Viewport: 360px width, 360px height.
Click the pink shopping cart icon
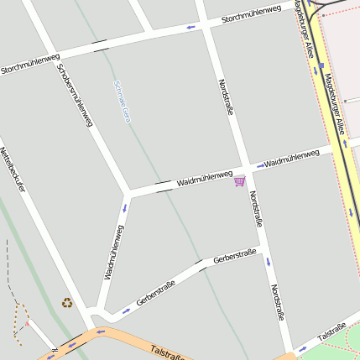[x=240, y=180]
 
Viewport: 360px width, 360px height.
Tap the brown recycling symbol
[x=66, y=303]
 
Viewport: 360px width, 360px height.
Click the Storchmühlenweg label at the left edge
[x=30, y=64]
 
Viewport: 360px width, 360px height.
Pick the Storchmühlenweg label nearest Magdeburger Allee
[x=251, y=14]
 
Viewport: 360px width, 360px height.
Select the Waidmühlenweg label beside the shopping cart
[x=204, y=177]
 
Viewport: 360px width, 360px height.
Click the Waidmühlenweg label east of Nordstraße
[x=291, y=157]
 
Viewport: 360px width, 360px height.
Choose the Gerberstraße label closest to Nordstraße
[x=235, y=256]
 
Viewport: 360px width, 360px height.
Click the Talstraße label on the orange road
[x=168, y=352]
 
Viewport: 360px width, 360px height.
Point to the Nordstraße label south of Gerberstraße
[x=278, y=307]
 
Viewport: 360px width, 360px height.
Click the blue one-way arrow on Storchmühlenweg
[x=191, y=29]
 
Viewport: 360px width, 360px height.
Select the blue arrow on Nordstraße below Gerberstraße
[x=269, y=262]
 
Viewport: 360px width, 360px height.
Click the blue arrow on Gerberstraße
[x=126, y=310]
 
